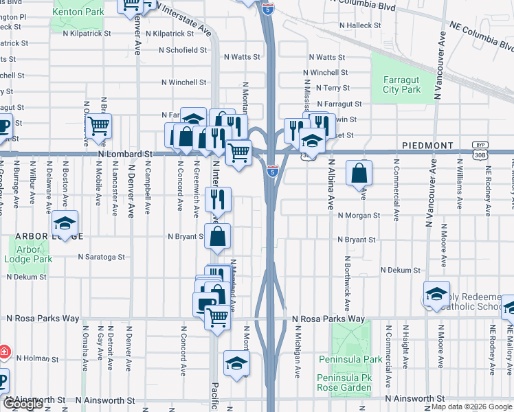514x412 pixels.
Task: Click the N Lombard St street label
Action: point(124,154)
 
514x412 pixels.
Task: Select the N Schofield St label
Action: point(183,50)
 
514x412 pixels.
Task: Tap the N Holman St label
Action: point(39,358)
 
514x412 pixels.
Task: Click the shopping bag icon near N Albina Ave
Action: point(359,172)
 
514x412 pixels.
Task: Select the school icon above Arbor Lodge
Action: point(65,223)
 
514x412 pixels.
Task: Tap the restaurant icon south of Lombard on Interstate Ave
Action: point(218,200)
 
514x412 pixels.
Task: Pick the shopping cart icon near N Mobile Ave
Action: point(99,126)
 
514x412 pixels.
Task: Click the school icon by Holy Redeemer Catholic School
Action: point(436,294)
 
